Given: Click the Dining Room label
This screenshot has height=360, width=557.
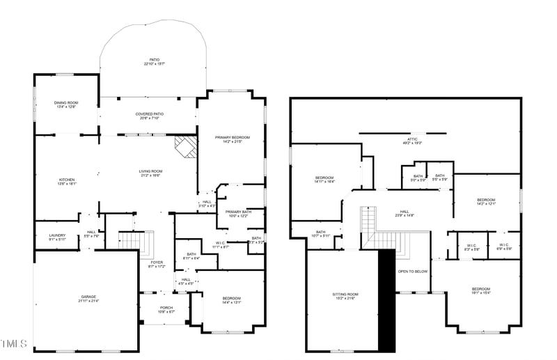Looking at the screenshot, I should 66,104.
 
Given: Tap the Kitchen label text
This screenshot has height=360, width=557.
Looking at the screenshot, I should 66,182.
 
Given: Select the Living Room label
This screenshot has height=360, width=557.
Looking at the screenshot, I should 150,173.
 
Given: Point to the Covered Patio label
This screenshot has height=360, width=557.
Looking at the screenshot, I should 149,116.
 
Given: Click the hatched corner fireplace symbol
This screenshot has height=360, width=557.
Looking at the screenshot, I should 185,147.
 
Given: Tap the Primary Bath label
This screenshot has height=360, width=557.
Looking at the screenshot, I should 237,214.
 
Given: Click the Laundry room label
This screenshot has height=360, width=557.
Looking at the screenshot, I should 57,237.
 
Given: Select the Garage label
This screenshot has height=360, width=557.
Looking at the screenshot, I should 88,299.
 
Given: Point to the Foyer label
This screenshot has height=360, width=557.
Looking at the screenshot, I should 157,264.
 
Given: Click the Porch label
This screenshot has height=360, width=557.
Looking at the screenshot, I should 166,309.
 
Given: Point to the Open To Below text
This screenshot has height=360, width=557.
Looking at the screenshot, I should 412,272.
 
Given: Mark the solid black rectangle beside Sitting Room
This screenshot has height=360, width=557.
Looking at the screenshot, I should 386,300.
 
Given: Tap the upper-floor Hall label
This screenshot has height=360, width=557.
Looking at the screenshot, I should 405,213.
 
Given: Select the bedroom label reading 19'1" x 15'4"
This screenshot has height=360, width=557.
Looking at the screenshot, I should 480,291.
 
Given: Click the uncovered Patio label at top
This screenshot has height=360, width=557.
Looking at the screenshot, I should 154,61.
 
